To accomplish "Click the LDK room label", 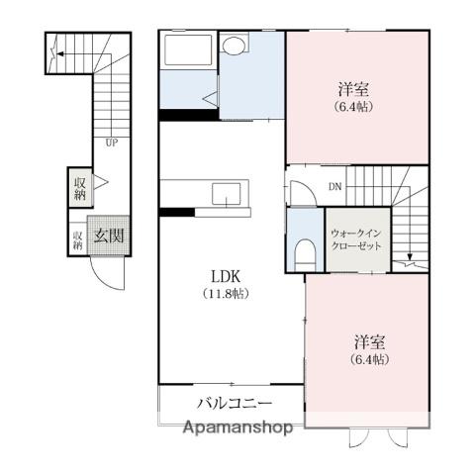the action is pos(226,277).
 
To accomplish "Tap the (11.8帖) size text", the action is pos(226,294).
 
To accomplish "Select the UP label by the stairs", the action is pos(112,143).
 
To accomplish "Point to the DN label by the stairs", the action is pos(335,187).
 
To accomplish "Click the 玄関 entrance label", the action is pos(109,236).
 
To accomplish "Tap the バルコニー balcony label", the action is pos(235,403).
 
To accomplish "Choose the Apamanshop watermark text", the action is pos(237,427).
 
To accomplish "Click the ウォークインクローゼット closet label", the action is pos(356,240).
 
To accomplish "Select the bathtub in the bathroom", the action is pos(188,49).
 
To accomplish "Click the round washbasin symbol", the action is pos(234,45).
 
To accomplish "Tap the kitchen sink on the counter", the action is pos(227,194).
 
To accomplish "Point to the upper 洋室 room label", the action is pos(353,89).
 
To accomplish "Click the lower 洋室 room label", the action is pos(370,342).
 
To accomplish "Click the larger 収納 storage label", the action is pos(80,188).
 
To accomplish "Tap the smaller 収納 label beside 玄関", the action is pos(78,240).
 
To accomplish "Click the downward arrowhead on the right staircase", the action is pos(410,256).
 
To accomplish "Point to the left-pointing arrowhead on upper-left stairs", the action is pos(60,53).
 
